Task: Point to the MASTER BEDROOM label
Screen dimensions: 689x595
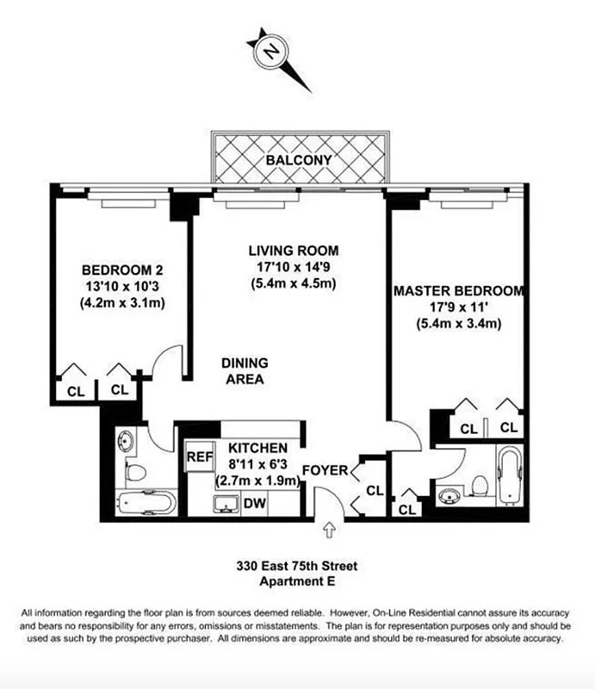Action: (458, 291)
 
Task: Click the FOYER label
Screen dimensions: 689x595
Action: (325, 471)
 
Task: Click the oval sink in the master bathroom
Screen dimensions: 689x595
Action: (449, 497)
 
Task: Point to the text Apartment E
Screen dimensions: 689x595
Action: (297, 582)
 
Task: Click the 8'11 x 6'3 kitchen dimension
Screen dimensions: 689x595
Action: (258, 465)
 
